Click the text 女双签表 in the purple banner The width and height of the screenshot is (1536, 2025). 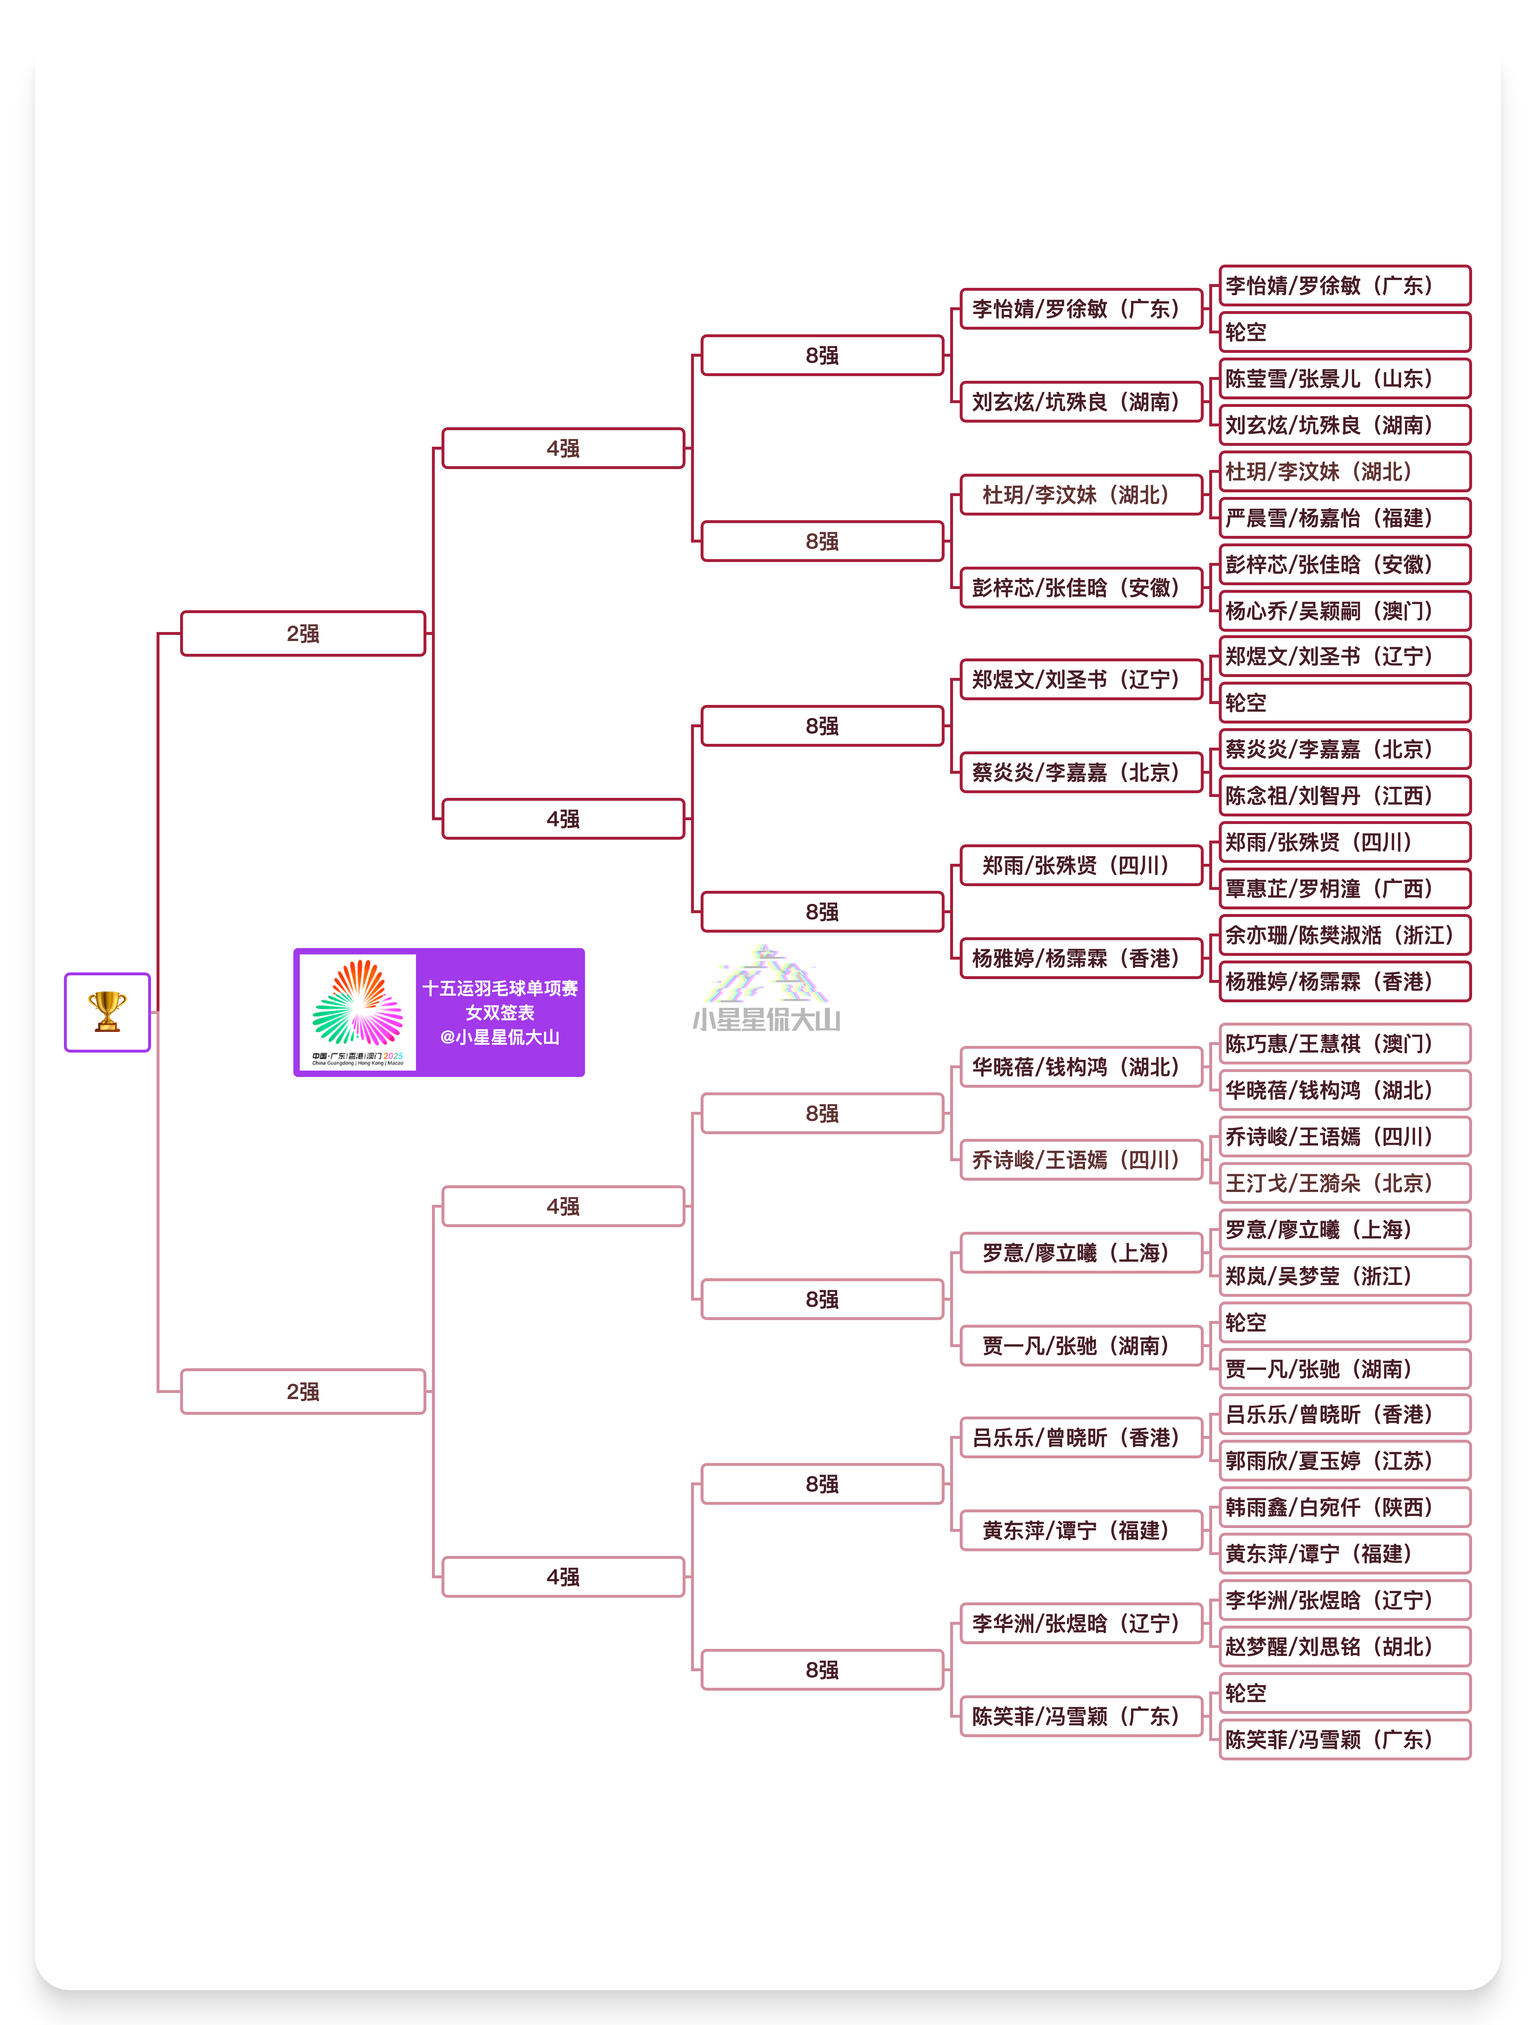500,1012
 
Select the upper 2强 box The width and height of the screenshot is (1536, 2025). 303,633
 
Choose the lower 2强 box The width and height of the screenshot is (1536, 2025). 303,1392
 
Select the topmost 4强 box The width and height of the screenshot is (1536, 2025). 563,448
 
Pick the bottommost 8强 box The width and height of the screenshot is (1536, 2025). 822,1670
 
